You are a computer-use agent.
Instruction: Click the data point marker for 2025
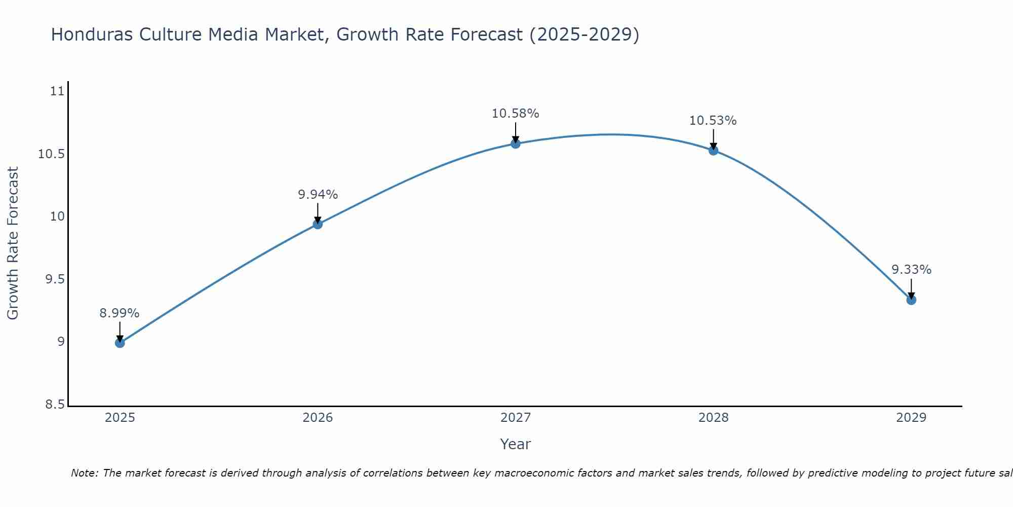120,343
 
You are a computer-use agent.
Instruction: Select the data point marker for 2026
318,224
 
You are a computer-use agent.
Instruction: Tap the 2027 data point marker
516,143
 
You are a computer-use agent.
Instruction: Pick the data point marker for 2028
713,150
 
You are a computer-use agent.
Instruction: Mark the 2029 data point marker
911,300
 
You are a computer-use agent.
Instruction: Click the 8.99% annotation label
120,313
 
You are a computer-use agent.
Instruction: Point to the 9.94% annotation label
318,195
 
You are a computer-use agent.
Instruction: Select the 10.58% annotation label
516,114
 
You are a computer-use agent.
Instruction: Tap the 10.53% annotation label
713,121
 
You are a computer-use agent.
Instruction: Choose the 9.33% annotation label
911,270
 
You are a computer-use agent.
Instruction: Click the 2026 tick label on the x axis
318,418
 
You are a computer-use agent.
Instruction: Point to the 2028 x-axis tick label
713,418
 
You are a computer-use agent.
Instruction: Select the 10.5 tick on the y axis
52,154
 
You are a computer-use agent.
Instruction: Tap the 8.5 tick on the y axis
55,405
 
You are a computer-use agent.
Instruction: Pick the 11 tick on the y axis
58,91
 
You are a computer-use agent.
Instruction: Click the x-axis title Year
515,444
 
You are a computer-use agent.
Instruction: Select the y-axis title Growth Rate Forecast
13,243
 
